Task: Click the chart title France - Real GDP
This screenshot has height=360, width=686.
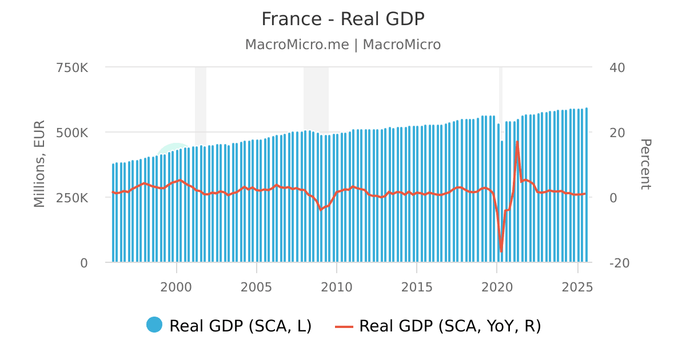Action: click(343, 19)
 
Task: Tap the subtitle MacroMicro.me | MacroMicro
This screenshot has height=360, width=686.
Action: click(343, 45)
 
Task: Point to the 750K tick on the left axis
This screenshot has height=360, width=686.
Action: click(72, 67)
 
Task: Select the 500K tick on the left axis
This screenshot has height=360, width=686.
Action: click(72, 133)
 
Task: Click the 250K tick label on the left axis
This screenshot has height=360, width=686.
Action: click(72, 198)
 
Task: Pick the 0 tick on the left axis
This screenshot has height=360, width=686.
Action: click(84, 263)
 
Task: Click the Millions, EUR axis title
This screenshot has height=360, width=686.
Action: click(39, 165)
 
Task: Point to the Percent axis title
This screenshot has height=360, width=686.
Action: click(645, 165)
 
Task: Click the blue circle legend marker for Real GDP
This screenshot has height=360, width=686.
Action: click(154, 325)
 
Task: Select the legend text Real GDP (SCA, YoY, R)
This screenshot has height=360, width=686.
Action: click(450, 326)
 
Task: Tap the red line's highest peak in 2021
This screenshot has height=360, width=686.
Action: click(517, 141)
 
